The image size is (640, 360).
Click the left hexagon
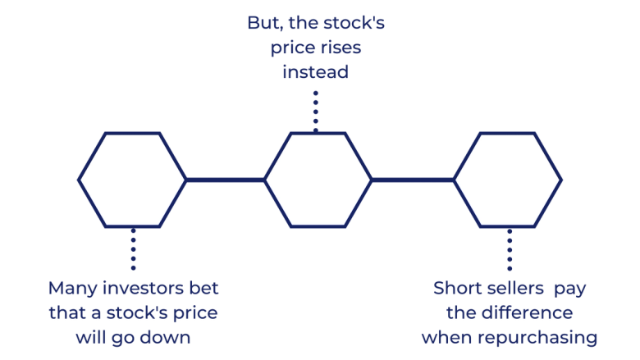click(132, 179)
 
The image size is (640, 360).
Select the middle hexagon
click(318, 179)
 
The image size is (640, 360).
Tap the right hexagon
click(508, 179)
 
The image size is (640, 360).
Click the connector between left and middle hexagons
click(226, 179)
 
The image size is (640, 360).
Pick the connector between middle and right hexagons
click(413, 179)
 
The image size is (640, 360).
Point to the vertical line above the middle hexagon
click(315, 109)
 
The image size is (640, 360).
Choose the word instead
click(316, 72)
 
